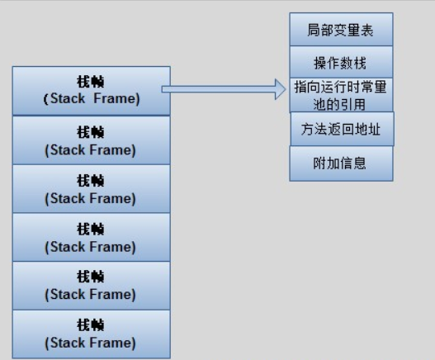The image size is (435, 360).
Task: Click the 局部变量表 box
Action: point(341,30)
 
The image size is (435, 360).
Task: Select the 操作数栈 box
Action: point(341,63)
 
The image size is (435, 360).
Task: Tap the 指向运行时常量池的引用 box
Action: point(341,95)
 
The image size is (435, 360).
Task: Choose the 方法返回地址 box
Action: point(341,130)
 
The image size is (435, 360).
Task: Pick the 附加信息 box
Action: point(341,163)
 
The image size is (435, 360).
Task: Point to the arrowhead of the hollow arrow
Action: point(279,89)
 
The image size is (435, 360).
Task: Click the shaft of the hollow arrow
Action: point(219,89)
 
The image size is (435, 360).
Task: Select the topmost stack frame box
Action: point(91,91)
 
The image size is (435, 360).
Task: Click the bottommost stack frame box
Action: point(91,334)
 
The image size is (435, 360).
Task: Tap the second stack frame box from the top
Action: point(91,140)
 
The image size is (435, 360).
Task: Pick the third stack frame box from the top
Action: point(91,188)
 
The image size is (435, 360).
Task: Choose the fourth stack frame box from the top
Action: point(91,237)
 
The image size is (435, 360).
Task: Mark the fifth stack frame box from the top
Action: point(91,285)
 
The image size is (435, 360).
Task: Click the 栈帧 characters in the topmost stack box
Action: point(91,83)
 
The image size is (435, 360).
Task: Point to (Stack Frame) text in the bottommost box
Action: point(91,343)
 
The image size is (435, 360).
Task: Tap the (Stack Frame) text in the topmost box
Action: point(91,100)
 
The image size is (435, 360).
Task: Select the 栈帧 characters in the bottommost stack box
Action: point(91,325)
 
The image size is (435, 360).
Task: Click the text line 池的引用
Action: point(341,103)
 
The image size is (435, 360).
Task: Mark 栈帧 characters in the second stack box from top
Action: point(91,132)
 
